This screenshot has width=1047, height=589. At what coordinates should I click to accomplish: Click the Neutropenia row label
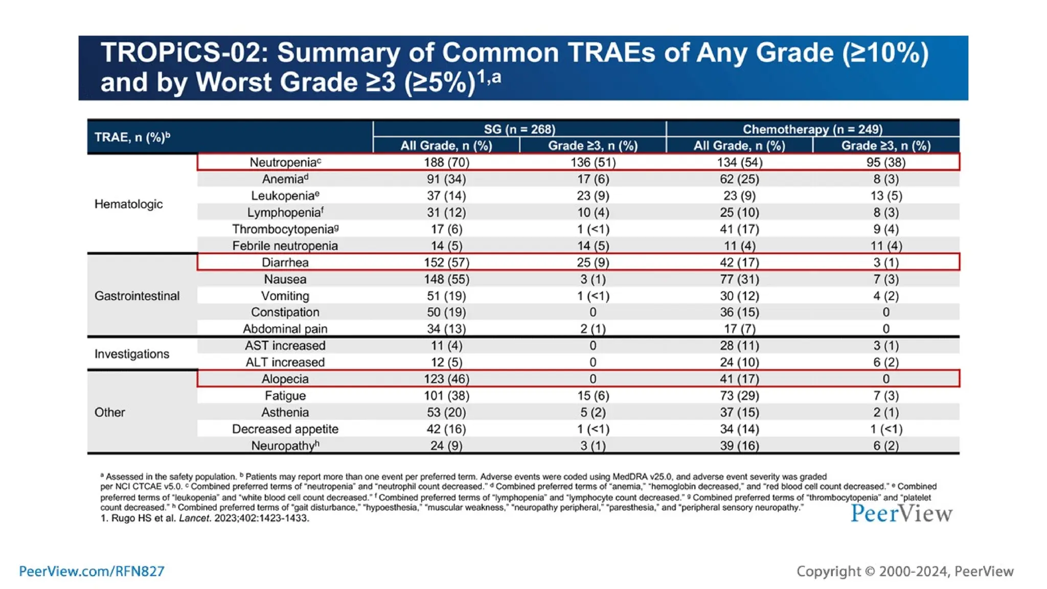pos(285,163)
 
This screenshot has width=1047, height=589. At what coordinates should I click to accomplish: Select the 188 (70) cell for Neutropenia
pos(446,163)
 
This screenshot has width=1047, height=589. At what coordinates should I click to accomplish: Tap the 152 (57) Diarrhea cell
pos(446,262)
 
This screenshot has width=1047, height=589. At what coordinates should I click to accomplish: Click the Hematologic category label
pos(128,204)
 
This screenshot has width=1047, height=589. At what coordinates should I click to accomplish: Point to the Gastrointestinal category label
pos(137,296)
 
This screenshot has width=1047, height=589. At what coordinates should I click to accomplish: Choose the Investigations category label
pos(132,354)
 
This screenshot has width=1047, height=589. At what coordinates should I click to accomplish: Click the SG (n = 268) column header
pos(519,129)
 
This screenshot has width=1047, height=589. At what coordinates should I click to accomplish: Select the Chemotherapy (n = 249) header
pos(812,129)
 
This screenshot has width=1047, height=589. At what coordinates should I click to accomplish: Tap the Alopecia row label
pos(285,379)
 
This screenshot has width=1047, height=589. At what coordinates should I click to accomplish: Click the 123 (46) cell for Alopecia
pos(446,379)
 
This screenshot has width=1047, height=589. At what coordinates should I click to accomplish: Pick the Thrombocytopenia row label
pos(285,229)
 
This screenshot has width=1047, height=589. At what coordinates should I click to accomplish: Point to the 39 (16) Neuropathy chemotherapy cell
pos(739,446)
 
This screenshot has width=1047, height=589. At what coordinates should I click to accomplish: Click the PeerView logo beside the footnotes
pos(901,513)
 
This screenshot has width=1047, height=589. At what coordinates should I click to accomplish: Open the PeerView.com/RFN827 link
pos(92,571)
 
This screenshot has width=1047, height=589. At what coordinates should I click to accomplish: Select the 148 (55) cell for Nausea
pos(446,279)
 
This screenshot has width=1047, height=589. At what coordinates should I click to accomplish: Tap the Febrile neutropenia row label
pos(285,246)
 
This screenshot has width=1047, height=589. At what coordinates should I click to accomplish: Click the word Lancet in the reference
pos(194,518)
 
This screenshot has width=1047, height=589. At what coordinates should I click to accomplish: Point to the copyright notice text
pos(905,571)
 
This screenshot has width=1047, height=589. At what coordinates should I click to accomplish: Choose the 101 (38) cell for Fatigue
pos(446,396)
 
